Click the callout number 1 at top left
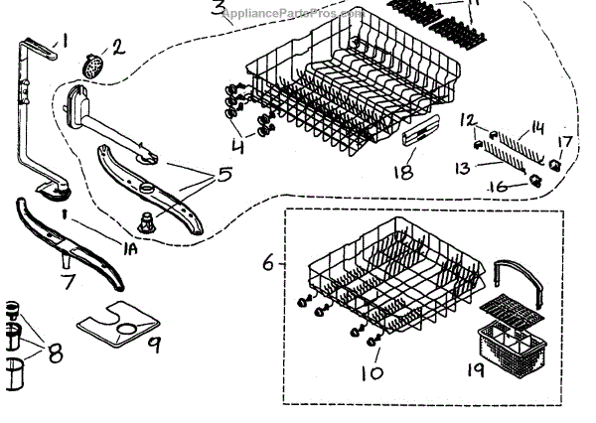pos(65,41)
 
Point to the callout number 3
pos(218,11)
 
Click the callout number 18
pos(403,172)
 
